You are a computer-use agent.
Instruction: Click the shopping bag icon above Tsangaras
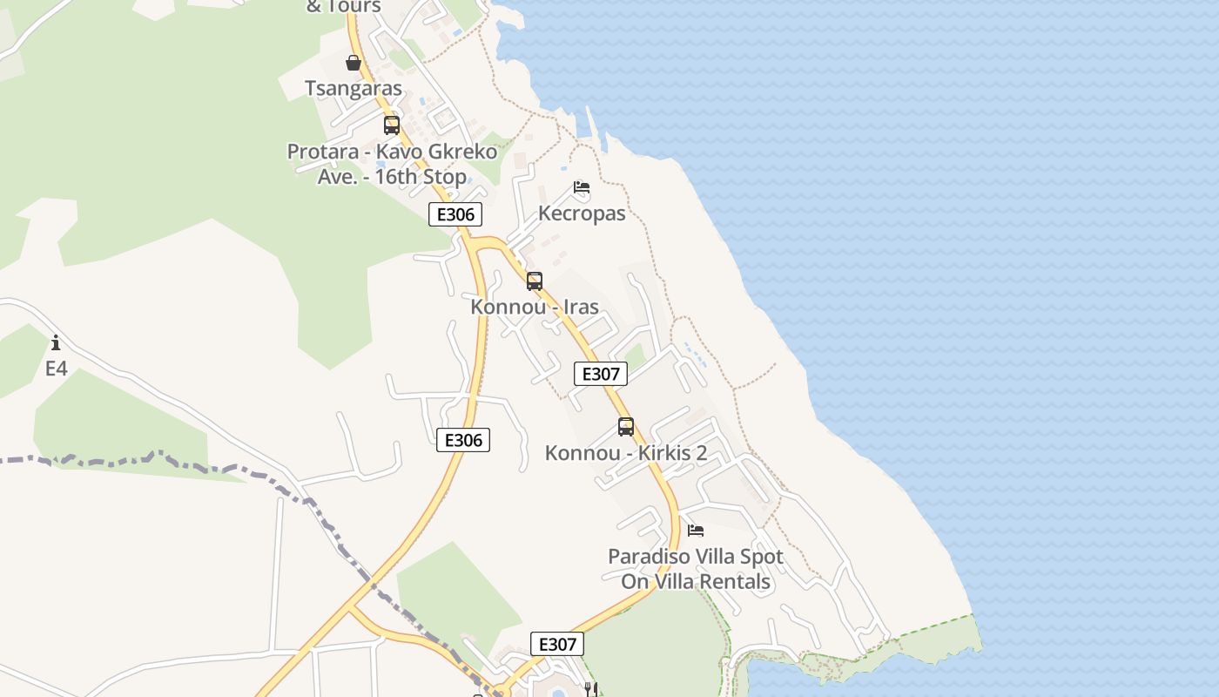click(x=354, y=63)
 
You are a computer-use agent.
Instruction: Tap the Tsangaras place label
click(x=354, y=88)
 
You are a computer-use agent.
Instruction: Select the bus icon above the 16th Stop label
click(x=392, y=125)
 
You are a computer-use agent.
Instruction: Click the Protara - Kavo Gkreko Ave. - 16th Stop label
click(x=393, y=164)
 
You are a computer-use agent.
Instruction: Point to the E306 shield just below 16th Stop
click(x=455, y=214)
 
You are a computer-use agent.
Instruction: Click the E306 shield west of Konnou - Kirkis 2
click(x=463, y=440)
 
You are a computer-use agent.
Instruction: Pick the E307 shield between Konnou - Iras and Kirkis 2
click(x=601, y=374)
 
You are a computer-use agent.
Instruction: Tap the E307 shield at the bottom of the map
click(x=557, y=644)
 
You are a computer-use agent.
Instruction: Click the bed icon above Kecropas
click(x=582, y=187)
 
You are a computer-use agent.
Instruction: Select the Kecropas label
click(x=582, y=213)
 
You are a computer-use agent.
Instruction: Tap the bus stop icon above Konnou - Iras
click(x=535, y=281)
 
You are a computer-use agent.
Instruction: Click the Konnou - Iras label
click(x=535, y=307)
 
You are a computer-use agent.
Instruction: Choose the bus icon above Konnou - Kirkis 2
click(x=626, y=427)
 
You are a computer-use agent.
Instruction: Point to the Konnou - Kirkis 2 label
click(x=626, y=453)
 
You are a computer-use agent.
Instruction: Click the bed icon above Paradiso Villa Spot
click(x=696, y=530)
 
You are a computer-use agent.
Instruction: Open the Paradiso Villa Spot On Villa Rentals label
click(x=696, y=569)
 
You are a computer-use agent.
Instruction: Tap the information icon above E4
click(x=56, y=342)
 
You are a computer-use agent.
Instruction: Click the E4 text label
click(x=56, y=369)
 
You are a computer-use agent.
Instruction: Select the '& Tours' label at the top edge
click(x=344, y=7)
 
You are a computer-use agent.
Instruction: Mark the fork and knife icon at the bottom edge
click(x=591, y=689)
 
